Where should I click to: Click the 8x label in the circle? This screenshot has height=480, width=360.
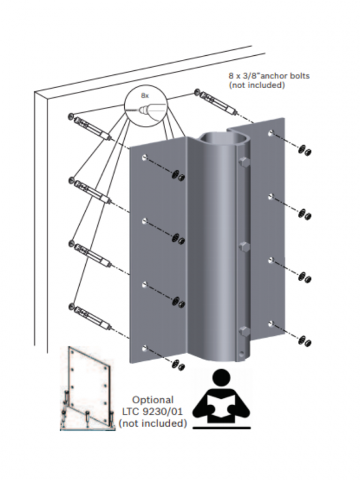pos(145,95)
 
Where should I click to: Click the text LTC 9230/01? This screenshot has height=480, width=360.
pos(152,412)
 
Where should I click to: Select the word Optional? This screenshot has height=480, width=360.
pos(152,400)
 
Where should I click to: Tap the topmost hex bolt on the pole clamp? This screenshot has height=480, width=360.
pos(244,163)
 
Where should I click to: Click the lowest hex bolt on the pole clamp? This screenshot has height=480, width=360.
pos(244,331)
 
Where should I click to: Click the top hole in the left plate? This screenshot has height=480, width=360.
pos(145,158)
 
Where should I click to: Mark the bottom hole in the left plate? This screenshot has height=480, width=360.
pos(145,347)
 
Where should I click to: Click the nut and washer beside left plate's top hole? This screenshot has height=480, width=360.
pos(178,175)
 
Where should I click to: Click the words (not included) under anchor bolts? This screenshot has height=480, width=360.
pos(256,85)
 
